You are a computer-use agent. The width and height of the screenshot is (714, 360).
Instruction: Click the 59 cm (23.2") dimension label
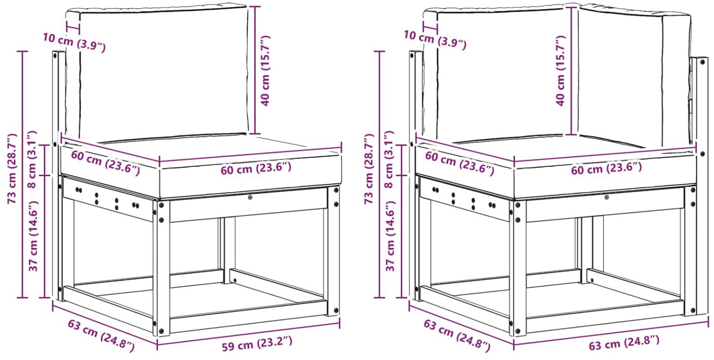257,344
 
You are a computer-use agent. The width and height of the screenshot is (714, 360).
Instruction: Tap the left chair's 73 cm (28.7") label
12,169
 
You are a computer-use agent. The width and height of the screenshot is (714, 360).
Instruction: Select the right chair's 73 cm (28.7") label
369,169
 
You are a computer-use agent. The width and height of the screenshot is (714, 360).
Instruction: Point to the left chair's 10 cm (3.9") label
74,42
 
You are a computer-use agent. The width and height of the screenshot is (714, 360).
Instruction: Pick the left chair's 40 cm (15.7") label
265,70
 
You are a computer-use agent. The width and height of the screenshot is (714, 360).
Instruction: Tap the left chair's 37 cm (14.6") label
33,236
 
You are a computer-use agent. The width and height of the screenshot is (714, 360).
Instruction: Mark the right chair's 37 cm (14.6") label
390,236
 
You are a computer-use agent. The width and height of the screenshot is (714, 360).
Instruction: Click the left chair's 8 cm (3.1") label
33,159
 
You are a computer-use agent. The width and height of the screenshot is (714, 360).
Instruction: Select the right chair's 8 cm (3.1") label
390,159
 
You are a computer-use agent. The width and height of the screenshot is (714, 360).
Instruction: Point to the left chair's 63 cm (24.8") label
101,336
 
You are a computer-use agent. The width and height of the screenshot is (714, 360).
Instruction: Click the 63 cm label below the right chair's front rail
624,343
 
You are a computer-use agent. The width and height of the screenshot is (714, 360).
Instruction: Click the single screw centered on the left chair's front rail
250,198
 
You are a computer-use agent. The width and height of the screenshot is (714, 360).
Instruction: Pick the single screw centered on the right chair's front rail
606,198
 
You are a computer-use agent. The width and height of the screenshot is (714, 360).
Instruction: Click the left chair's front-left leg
161,268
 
